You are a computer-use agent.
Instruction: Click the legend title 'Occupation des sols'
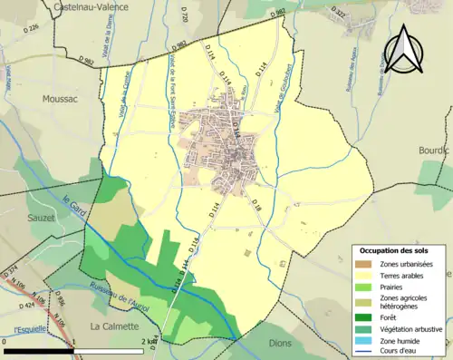(396, 250)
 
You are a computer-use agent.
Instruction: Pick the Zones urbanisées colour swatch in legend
(364, 264)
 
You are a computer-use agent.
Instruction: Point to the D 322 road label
(338, 15)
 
